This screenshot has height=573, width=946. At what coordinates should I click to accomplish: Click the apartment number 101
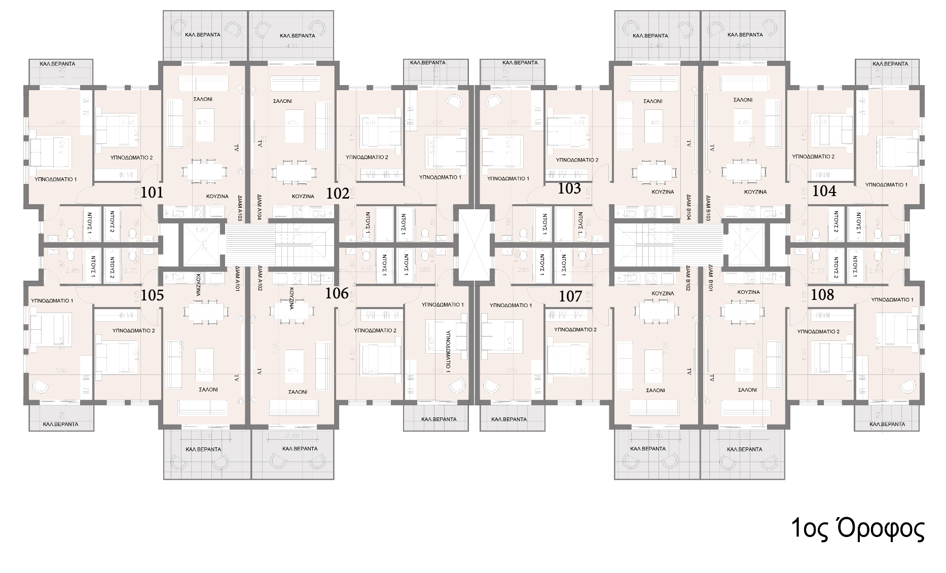tap(152, 193)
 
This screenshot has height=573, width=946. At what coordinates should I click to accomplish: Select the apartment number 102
tap(338, 194)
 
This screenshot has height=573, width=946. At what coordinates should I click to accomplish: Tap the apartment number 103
tap(569, 188)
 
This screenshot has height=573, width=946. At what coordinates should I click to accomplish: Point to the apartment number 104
tap(824, 191)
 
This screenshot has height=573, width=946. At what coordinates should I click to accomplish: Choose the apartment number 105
tap(152, 295)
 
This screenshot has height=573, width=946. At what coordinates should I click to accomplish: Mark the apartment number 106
tap(337, 293)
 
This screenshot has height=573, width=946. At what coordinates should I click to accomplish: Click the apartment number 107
tap(570, 296)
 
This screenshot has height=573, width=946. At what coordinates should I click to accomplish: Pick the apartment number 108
tap(822, 294)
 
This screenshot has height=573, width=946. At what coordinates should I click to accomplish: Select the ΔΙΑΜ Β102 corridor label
tap(688, 278)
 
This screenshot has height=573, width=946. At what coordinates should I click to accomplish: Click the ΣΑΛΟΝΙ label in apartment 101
tap(203, 99)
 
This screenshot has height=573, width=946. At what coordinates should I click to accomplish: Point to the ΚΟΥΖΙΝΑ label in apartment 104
tap(755, 192)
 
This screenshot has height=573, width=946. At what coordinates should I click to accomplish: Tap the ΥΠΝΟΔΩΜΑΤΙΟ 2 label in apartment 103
tap(577, 160)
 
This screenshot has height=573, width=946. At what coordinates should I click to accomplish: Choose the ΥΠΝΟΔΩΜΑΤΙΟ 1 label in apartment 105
tap(52, 300)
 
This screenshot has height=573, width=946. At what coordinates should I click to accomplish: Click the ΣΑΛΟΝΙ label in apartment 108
tap(748, 390)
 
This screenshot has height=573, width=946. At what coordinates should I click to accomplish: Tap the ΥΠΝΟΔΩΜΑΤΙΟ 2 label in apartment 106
tap(375, 330)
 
